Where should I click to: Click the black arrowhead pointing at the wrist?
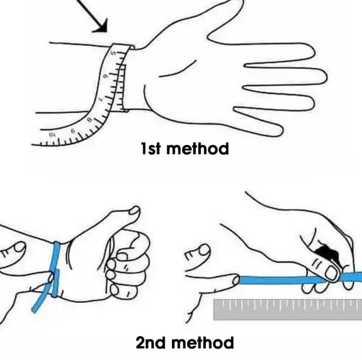pos(102,26)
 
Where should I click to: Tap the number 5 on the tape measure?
pos(113,53)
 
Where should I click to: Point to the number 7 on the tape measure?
pos(100,99)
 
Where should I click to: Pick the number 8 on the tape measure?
pos(89,120)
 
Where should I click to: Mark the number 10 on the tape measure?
pos(51,135)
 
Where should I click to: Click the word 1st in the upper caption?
pos(150,148)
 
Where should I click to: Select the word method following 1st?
pos(198,148)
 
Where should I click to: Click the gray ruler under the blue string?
pos(288,310)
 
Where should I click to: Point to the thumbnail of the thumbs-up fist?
pos(135,210)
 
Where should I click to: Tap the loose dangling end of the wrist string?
pos(35,309)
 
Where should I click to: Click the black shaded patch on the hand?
pos(327,252)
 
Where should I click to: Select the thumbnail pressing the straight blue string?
pos(331,273)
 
